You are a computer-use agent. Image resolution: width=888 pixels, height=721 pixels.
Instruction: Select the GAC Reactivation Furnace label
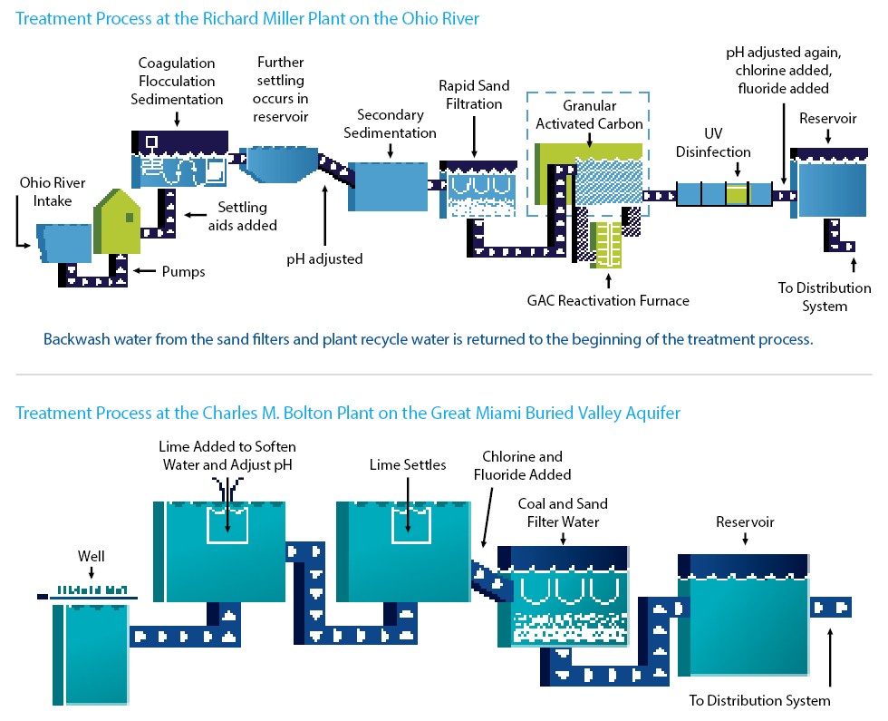coord(608,301)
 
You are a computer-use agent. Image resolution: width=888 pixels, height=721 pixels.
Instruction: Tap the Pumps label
coord(183,271)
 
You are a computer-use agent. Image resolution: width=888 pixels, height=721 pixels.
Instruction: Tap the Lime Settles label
coord(408,465)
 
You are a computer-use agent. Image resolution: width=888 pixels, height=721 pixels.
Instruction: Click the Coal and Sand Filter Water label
coord(563,512)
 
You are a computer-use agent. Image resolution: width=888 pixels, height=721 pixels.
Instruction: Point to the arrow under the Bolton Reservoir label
coord(745,540)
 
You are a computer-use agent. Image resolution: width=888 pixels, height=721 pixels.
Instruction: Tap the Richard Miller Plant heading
coord(247,18)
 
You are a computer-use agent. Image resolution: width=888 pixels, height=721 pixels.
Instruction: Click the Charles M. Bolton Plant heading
coord(347,414)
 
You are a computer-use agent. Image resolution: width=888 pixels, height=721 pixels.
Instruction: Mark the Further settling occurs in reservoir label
coord(281,90)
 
